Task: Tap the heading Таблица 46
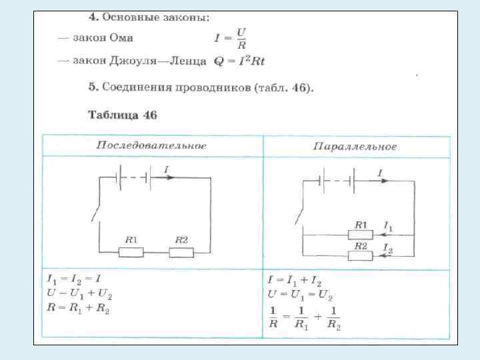(x=122, y=115)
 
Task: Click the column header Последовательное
(x=151, y=145)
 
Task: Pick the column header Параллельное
(x=355, y=146)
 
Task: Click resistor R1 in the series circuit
(x=131, y=251)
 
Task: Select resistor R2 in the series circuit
(x=181, y=251)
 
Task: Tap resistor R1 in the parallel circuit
(x=361, y=234)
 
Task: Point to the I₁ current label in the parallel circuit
(x=388, y=227)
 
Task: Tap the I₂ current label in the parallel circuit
(x=388, y=248)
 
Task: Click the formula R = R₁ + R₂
(x=78, y=309)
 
